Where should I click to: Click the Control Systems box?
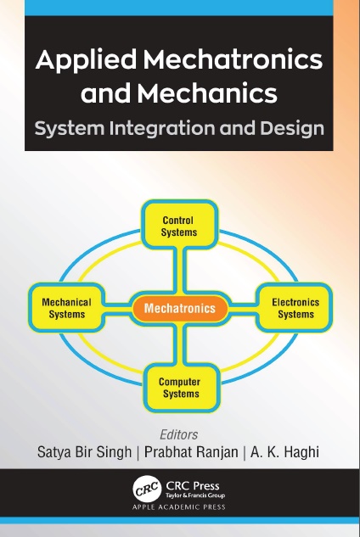tap(179, 224)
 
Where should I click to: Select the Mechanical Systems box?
tap(66, 308)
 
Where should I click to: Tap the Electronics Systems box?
tap(295, 308)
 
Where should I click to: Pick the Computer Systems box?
tap(181, 388)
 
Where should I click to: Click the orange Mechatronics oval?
tap(180, 308)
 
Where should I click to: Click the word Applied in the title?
tap(86, 60)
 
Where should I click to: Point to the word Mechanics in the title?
tap(207, 93)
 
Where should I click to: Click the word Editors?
tap(179, 434)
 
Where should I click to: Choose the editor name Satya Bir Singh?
tap(84, 452)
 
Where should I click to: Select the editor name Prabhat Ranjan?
tap(191, 451)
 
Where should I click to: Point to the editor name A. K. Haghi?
tap(285, 451)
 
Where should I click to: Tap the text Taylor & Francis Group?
tap(195, 495)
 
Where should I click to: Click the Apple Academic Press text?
tap(179, 507)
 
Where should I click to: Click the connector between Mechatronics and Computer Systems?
tap(180, 344)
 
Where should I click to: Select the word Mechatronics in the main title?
tap(233, 60)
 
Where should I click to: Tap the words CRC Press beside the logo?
tap(193, 486)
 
